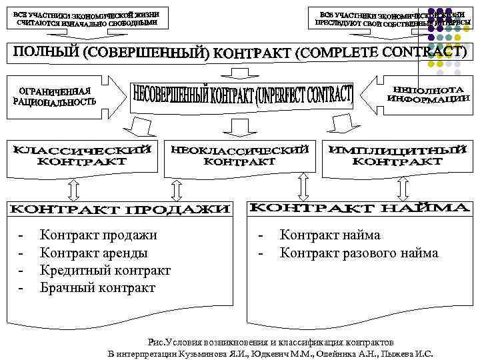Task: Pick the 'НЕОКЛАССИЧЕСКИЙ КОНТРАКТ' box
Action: coord(240,155)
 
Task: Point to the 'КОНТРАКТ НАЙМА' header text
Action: coord(359,208)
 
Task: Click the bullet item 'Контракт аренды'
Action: coord(94,253)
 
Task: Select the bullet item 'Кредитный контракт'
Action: coord(105,271)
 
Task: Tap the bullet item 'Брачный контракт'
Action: coord(97,288)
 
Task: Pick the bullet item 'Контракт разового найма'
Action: coord(359,253)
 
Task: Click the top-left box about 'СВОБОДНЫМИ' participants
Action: coord(86,19)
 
